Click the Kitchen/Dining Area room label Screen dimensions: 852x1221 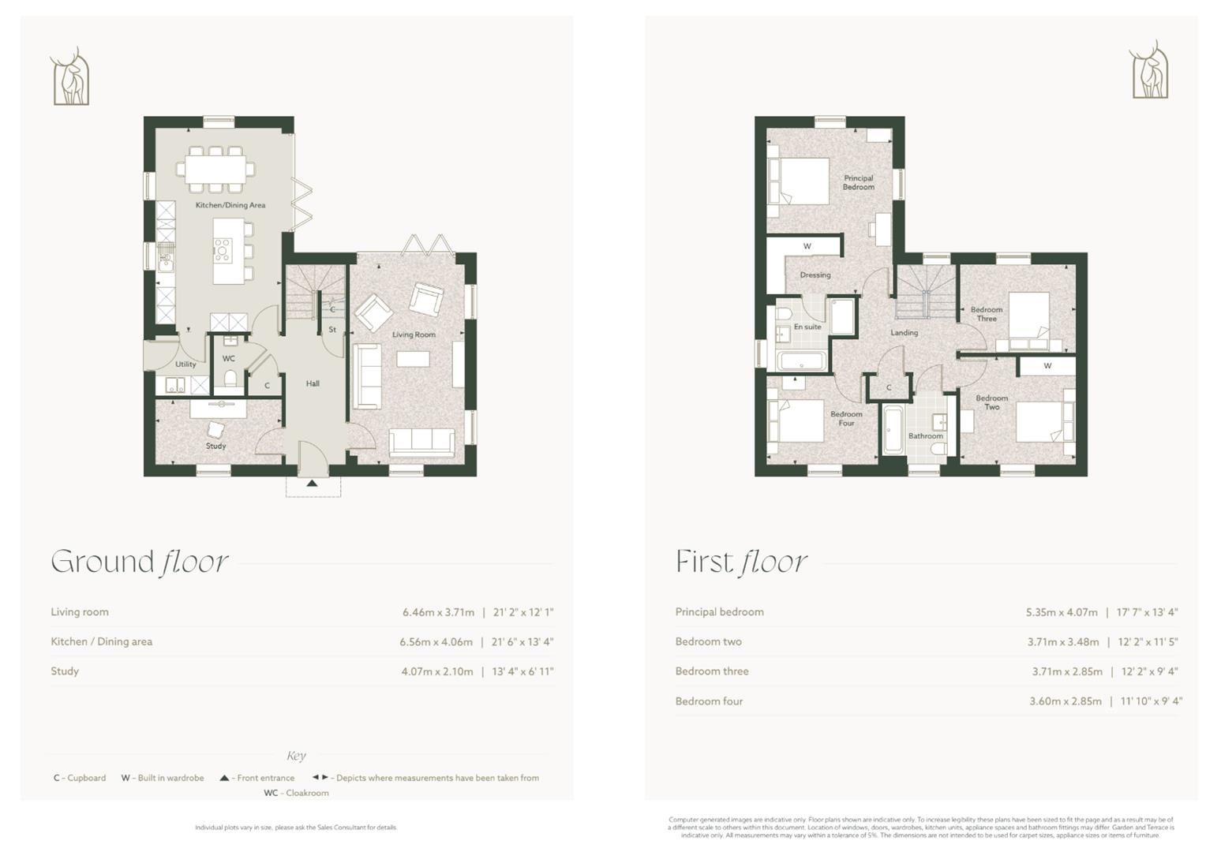[x=230, y=205]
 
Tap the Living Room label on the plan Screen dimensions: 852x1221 [x=414, y=334]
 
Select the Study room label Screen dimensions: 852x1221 [x=215, y=446]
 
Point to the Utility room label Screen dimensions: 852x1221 [x=185, y=364]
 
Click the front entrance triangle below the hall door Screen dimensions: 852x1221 [x=313, y=483]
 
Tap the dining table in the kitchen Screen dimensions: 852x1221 [x=216, y=168]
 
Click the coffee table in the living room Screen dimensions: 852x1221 [x=413, y=359]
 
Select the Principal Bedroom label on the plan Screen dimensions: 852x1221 [x=858, y=182]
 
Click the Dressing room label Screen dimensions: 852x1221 [x=815, y=275]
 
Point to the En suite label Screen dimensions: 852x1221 [x=807, y=327]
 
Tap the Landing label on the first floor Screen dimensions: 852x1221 [x=904, y=333]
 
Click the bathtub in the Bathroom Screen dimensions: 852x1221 [x=892, y=430]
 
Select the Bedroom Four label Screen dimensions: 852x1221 [x=846, y=418]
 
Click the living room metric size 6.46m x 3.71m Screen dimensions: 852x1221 [x=438, y=612]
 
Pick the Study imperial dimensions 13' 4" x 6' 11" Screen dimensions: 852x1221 [x=522, y=671]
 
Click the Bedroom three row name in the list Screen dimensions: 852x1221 [x=711, y=671]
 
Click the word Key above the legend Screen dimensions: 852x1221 [x=296, y=756]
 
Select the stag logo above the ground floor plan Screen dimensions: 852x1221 [x=70, y=77]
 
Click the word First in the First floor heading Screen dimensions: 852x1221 [x=704, y=562]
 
